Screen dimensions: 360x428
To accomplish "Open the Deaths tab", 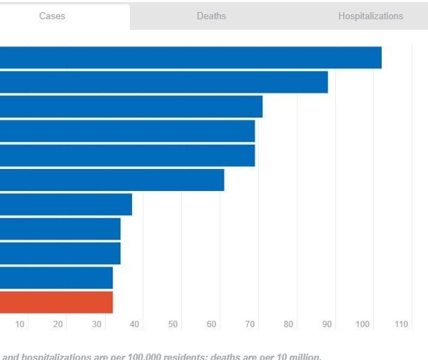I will pos(211,16).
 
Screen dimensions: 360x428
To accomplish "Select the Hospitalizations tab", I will pos(370,16).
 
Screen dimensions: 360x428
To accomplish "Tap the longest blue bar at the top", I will pos(190,58).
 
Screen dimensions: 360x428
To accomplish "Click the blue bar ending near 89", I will pos(163,82).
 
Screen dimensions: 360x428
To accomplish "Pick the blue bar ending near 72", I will pos(131,106).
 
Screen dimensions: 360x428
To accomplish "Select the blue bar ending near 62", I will pos(112,180).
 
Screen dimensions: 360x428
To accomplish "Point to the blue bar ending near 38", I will pos(66,205).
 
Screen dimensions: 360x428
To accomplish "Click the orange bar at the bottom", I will pos(56,302).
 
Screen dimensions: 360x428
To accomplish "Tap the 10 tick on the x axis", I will pos(20,325).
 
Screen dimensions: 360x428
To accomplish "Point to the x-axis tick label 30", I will pos(97,325).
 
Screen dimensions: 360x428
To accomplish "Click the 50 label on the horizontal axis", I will pos(173,325).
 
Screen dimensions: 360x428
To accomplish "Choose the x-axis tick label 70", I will pos(250,325).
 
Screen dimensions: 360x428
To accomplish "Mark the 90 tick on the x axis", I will pos(327,325).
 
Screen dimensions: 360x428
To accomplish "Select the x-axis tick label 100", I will pos(363,325).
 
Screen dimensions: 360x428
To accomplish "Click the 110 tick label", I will pos(401,325).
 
